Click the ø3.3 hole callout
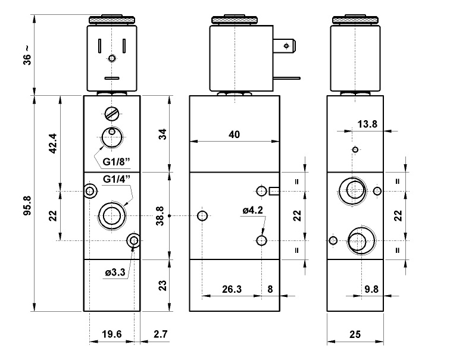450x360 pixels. pos(115,273)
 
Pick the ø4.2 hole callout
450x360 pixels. pos(252,209)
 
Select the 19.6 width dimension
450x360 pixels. pos(111,334)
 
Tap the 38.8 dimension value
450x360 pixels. pos(160,215)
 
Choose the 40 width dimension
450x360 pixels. pos(234,134)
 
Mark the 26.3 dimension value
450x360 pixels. pos(232,289)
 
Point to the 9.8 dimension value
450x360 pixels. pos(371,289)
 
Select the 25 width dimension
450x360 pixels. pos(355,334)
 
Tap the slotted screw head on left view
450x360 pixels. pos(111,112)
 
